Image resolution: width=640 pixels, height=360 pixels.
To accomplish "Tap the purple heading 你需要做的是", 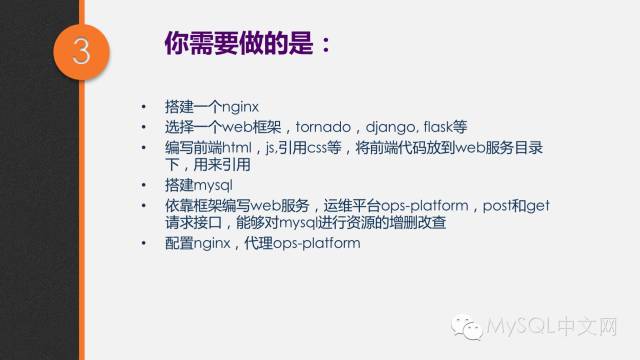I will (241, 44).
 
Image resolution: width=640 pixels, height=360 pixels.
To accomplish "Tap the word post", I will (480, 205).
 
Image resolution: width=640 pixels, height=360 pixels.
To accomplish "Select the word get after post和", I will (536, 205).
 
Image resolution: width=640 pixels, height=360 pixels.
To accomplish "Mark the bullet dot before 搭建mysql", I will (144, 186).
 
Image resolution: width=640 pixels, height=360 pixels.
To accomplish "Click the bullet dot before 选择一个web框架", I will (144, 128).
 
